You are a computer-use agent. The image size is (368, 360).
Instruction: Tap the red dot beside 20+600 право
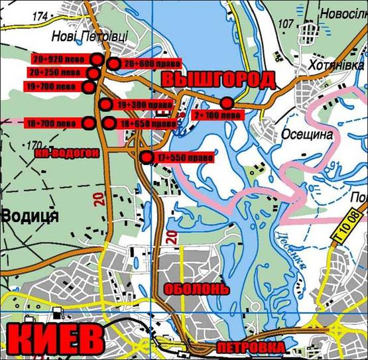coord(113,64)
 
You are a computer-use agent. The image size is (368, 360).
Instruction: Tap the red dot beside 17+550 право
coord(147,158)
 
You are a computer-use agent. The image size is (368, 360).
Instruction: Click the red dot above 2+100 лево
coord(227,103)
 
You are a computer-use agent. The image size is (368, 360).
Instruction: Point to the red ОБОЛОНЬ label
coord(197,289)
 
